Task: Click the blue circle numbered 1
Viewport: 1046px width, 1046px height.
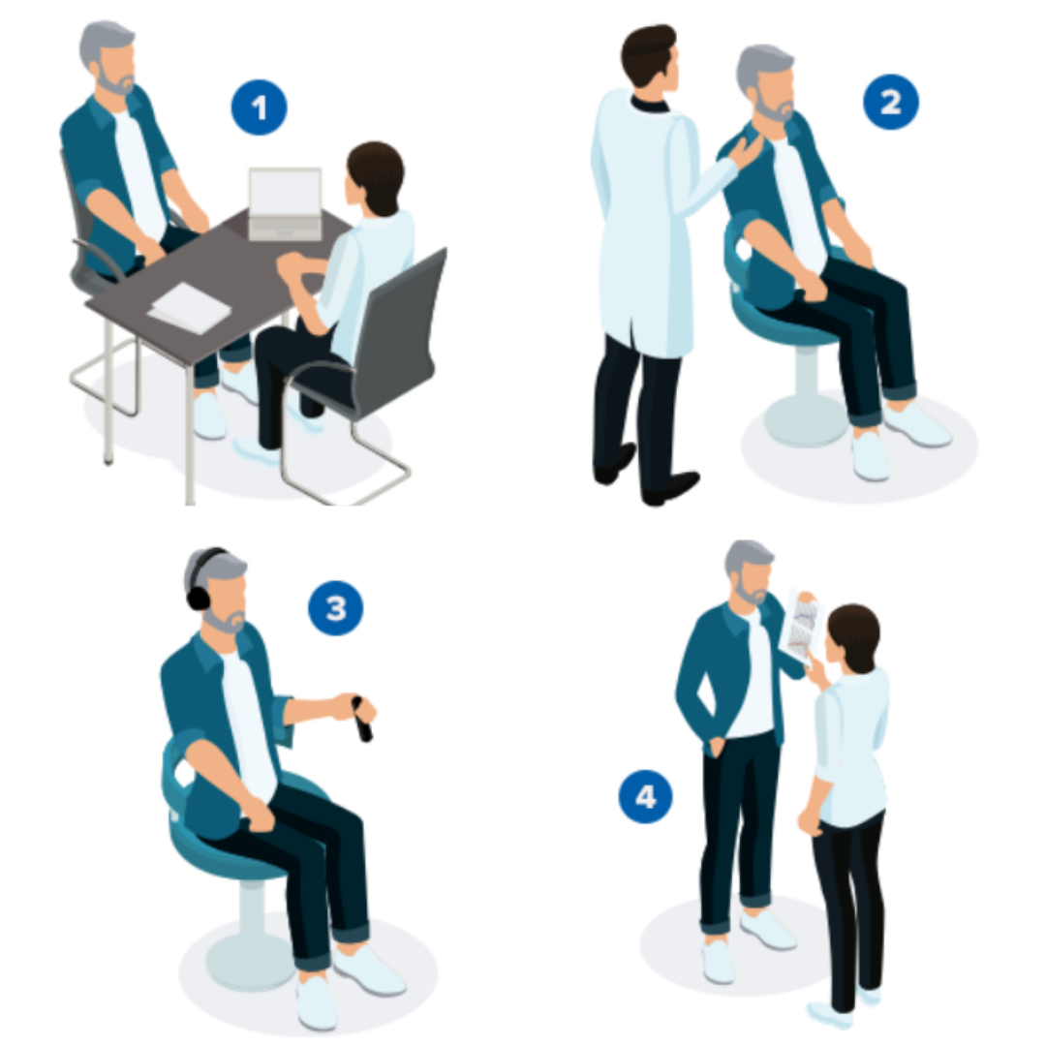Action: [x=259, y=108]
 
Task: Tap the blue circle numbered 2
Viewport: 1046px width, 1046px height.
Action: [x=891, y=102]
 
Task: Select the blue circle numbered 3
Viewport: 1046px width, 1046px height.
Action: [x=335, y=607]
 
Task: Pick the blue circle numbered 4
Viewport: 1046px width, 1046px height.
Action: [x=645, y=796]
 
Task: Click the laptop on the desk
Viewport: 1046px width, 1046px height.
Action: [x=285, y=203]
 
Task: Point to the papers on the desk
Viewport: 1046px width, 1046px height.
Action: [x=190, y=308]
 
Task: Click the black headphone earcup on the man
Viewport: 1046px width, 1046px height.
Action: [x=199, y=596]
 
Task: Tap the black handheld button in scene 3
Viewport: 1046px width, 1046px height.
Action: [x=361, y=719]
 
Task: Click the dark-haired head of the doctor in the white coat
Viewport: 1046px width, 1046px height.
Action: [x=648, y=55]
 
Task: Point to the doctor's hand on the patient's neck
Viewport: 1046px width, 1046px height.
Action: [x=745, y=153]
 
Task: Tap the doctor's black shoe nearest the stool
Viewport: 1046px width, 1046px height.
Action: [x=669, y=487]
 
